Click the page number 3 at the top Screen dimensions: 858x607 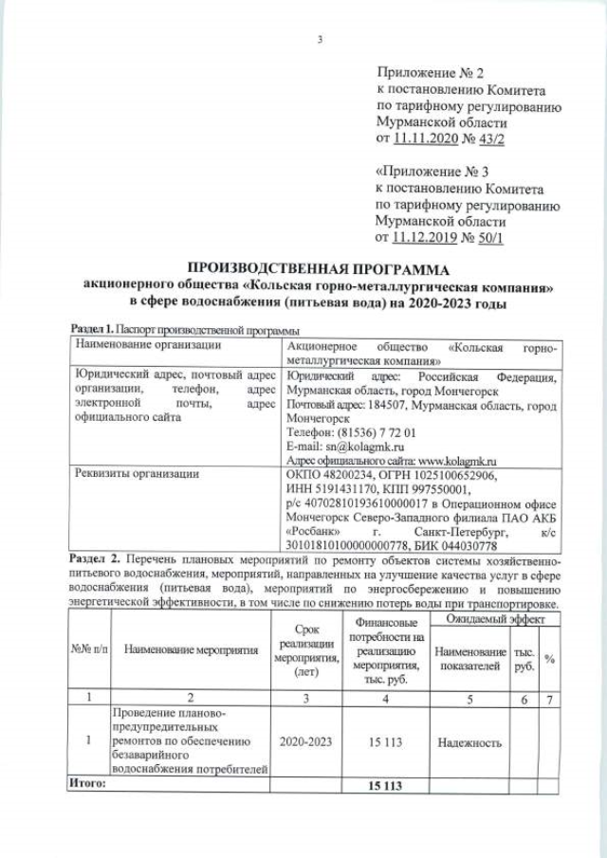320,39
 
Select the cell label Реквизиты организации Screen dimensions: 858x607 137,474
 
